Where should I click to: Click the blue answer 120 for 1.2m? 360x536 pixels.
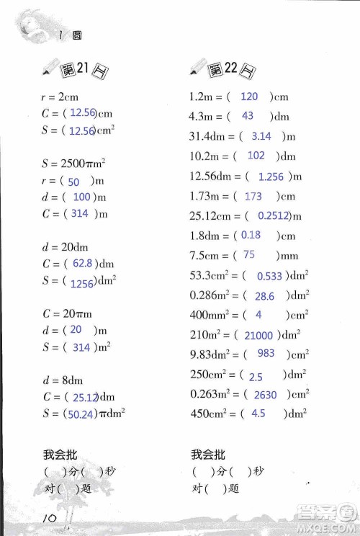click(248, 97)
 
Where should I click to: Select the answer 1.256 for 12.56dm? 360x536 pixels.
click(270, 176)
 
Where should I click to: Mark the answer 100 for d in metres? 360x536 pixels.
click(81, 197)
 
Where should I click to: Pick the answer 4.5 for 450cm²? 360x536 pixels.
click(258, 414)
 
